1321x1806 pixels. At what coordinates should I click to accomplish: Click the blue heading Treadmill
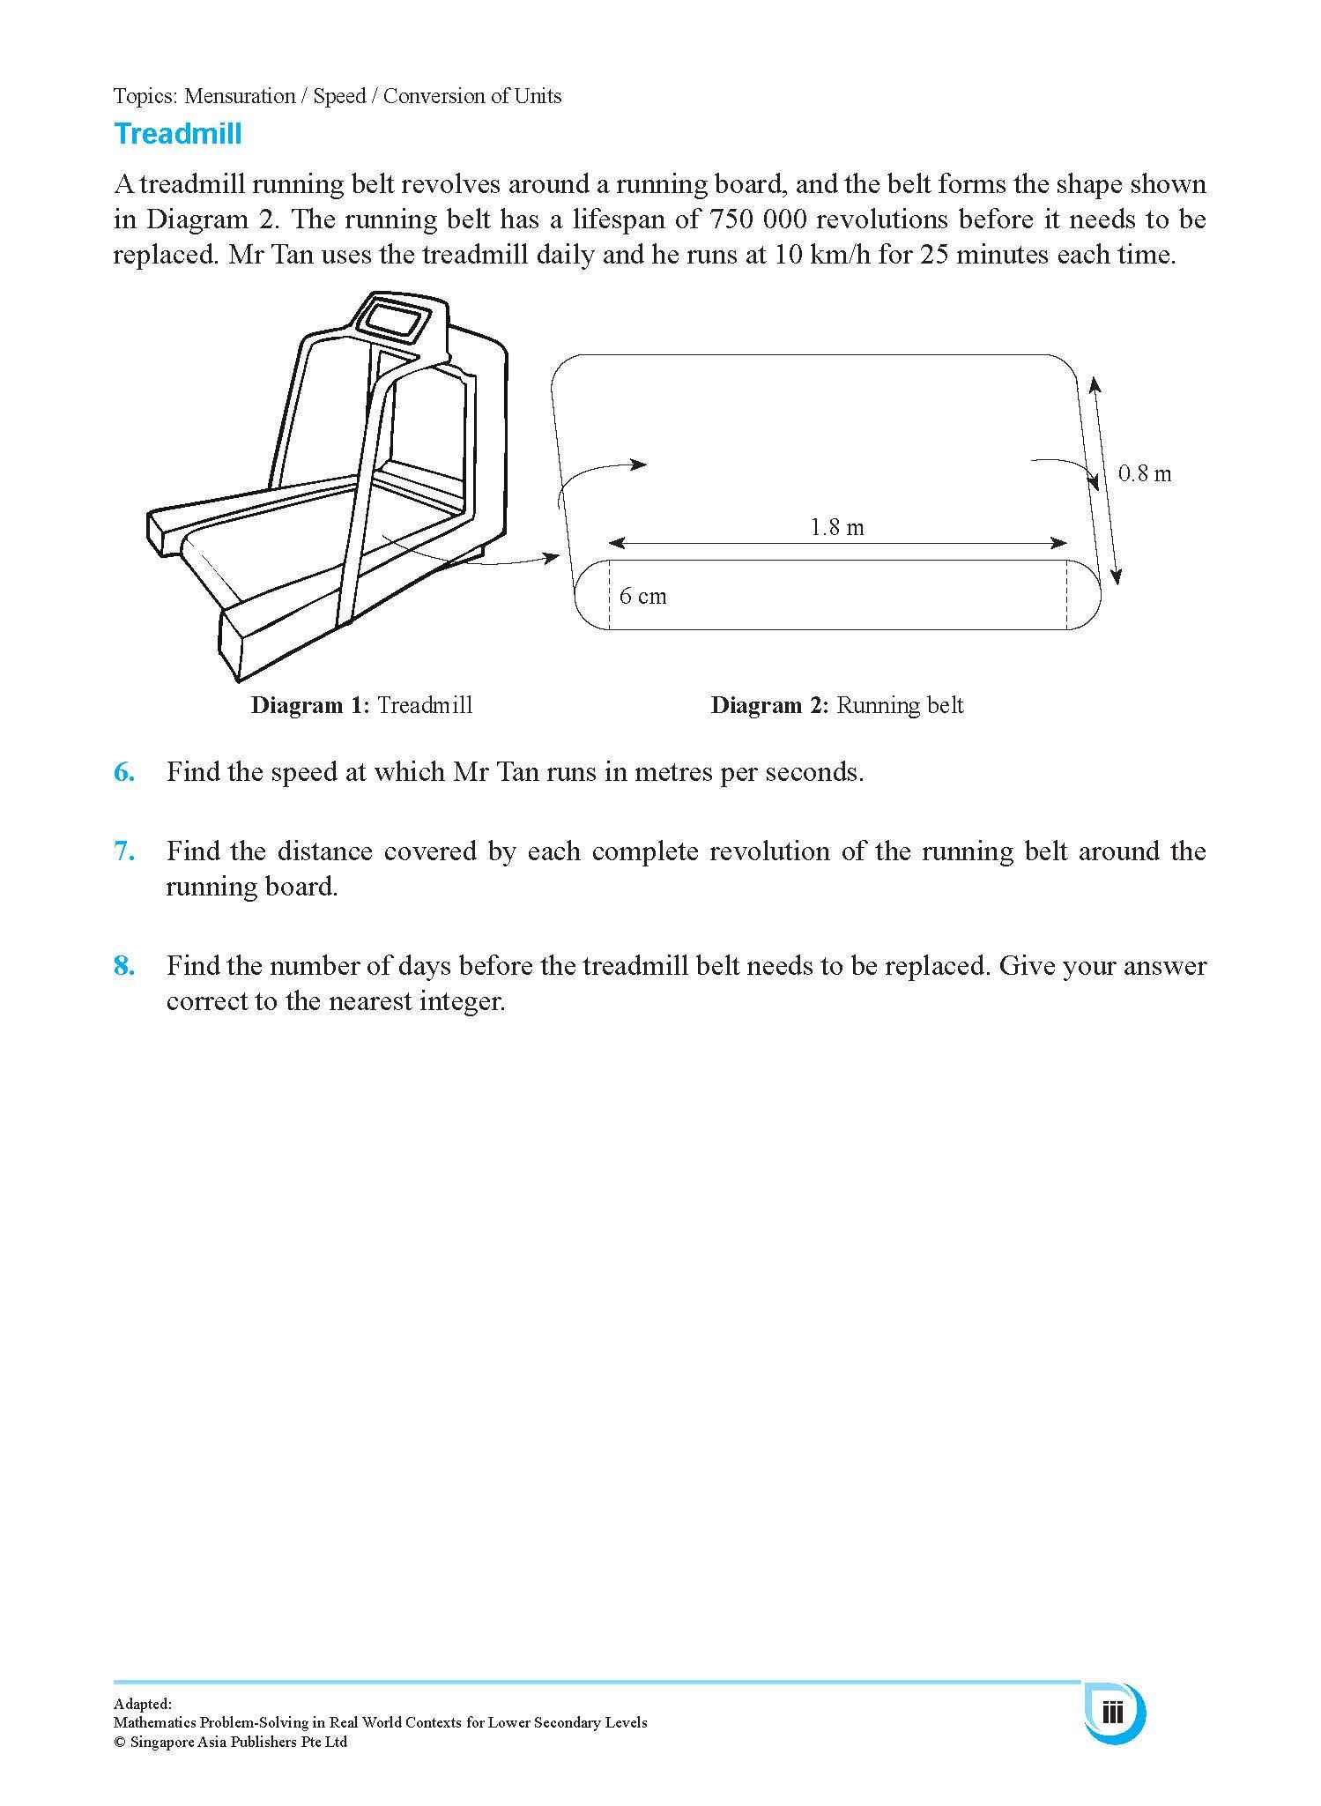177,135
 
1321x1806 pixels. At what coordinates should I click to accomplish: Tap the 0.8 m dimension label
1144,474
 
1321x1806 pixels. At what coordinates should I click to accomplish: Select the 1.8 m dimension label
836,528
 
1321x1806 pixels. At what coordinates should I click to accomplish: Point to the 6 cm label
642,597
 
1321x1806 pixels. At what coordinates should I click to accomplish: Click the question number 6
124,773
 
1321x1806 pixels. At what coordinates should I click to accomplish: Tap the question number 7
124,851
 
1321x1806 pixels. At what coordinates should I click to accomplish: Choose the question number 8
124,966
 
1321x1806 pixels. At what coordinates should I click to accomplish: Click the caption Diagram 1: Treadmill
361,706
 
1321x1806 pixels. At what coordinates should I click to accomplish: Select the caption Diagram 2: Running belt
836,706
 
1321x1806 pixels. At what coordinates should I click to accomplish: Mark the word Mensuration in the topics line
240,96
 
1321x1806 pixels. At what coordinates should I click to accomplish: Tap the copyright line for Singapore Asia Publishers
230,1742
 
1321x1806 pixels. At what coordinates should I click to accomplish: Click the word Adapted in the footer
142,1705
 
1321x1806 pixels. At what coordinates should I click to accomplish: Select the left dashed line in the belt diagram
610,595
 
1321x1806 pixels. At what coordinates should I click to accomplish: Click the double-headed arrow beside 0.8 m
1105,480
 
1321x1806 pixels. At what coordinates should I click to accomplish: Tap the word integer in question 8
457,1002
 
